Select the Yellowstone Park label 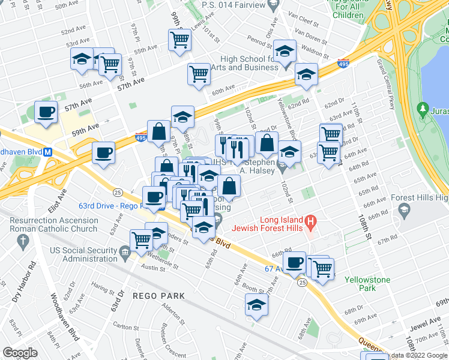367,284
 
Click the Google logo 20,352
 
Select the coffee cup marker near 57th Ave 46,112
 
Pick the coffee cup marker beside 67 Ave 295,263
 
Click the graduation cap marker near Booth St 257,305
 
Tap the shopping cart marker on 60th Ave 199,74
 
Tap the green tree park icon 424,109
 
